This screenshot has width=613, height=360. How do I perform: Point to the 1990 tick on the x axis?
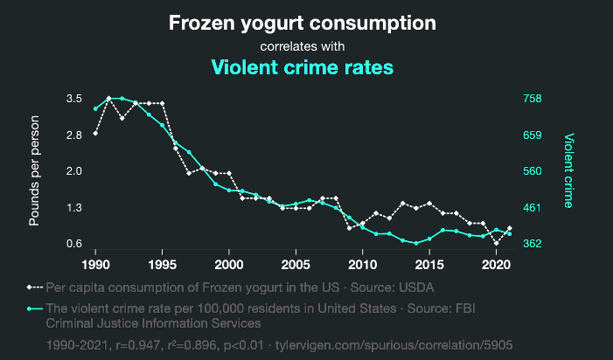coord(95,263)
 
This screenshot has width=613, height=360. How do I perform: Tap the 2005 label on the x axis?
coord(296,263)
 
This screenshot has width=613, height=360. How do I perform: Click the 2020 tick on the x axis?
coord(496,263)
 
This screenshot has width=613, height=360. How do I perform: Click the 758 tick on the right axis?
coord(533,99)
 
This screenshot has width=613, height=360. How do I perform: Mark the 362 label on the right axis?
coord(533,244)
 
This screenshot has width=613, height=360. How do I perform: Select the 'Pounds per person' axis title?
coord(35,170)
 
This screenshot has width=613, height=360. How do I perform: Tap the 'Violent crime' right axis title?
coord(568,170)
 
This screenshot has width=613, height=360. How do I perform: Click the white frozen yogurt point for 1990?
coord(95,133)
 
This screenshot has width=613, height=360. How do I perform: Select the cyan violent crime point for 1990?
coord(95,108)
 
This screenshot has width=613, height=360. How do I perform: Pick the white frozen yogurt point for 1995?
coord(162,103)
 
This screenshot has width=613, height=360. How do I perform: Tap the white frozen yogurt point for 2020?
coord(496,243)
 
